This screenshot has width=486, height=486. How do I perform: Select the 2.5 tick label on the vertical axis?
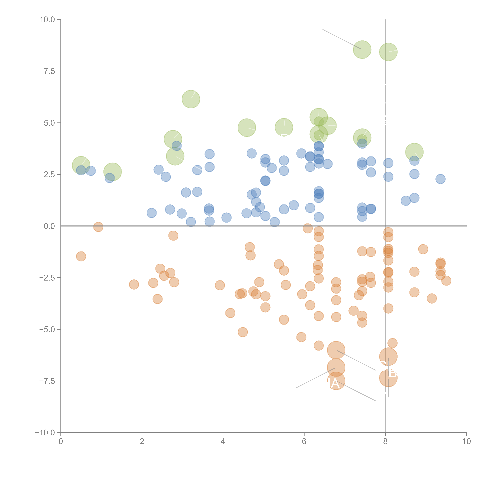coord(49,175)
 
